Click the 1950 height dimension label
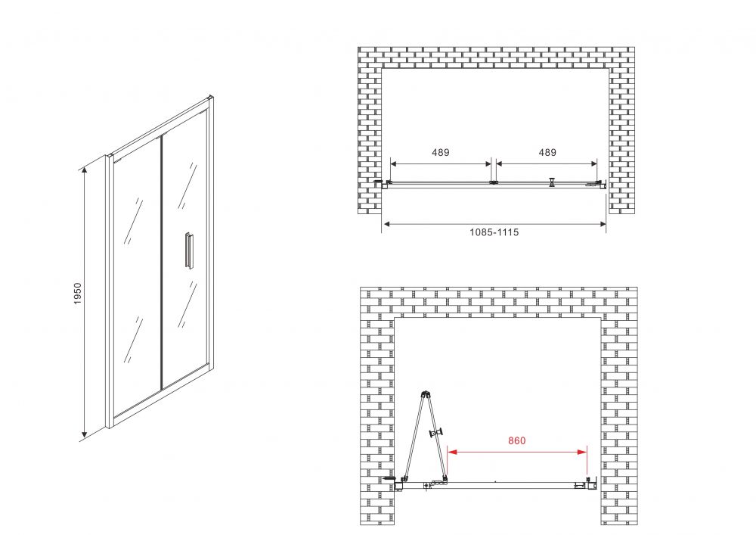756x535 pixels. tap(78, 294)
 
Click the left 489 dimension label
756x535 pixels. tap(440, 152)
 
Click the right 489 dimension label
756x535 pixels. tap(547, 152)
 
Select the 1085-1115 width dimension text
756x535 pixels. tap(494, 232)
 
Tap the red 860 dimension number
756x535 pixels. tap(516, 440)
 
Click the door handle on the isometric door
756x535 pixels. tap(188, 249)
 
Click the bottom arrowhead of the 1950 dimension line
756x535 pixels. tap(84, 435)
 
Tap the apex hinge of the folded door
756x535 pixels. tap(424, 393)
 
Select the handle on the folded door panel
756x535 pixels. tap(437, 433)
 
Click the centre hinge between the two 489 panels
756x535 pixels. tap(493, 182)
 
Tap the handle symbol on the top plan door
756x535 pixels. tap(552, 182)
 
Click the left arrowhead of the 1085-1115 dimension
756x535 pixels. tap(386, 223)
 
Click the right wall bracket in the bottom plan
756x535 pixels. tap(592, 483)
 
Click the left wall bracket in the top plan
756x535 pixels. tap(383, 184)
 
